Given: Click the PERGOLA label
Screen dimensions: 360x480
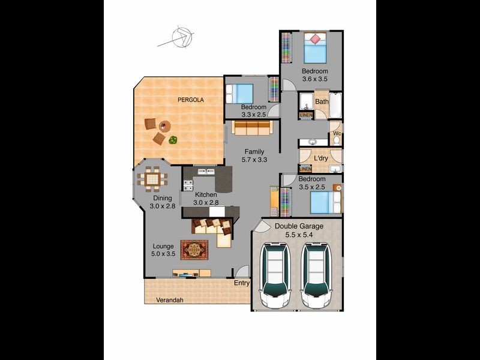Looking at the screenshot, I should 190,100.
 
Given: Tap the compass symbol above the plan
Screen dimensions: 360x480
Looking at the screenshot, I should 179,37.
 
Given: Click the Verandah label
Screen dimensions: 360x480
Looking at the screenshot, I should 169,300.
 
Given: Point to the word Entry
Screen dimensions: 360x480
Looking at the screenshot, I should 242,283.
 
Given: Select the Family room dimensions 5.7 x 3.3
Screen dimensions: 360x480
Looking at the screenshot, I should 254,160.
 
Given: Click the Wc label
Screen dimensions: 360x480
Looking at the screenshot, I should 337,133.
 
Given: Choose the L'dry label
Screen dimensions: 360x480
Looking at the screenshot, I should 320,158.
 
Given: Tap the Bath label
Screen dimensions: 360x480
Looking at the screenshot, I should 322,101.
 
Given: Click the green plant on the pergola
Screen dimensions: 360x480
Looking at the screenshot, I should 173,140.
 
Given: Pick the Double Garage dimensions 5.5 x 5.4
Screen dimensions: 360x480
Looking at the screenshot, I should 298,235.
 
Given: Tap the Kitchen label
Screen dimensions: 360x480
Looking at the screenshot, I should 205,195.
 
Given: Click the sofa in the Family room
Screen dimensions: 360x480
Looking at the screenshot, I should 253,127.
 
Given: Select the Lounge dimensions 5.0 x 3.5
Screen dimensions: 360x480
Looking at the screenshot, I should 163,254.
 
